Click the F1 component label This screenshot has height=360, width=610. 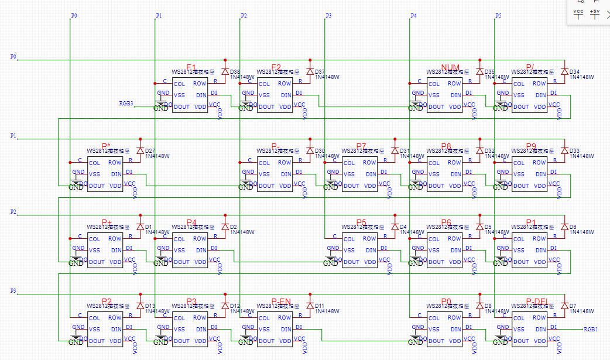point(191,67)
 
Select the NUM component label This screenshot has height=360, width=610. point(451,67)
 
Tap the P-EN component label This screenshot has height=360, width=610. point(282,301)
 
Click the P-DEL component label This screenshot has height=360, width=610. point(536,301)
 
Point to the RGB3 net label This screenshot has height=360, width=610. point(126,104)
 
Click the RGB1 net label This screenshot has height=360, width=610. point(590,330)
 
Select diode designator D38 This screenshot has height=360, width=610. point(235,71)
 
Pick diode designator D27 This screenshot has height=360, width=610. point(150,150)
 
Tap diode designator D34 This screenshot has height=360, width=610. point(574,71)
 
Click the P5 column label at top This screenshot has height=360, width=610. point(498,15)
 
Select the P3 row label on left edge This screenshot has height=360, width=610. point(13,291)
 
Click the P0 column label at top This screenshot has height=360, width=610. point(73,15)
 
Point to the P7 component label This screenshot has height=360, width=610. point(361,146)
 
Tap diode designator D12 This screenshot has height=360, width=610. point(235,306)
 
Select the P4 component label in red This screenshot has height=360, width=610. point(191,222)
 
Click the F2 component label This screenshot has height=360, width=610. point(276,67)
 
